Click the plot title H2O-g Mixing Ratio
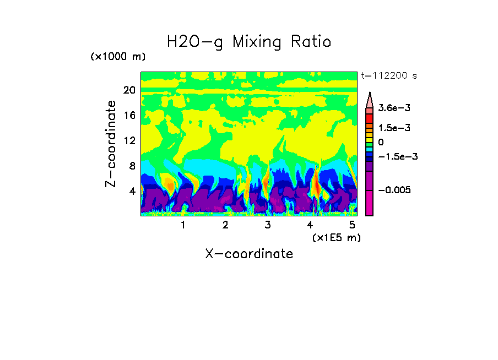[x=249, y=42]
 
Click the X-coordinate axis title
[x=249, y=254]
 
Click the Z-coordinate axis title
[x=111, y=143]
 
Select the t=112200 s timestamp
[x=388, y=76]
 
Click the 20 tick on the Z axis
[x=129, y=90]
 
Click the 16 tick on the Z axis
[x=129, y=116]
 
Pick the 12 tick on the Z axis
[x=129, y=141]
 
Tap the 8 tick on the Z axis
[x=132, y=166]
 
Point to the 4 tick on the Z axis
[x=132, y=192]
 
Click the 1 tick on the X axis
[x=183, y=225]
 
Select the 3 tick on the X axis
[x=268, y=225]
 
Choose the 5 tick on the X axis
[x=353, y=225]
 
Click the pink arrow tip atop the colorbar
[x=370, y=99]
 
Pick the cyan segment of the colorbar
[x=370, y=149]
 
